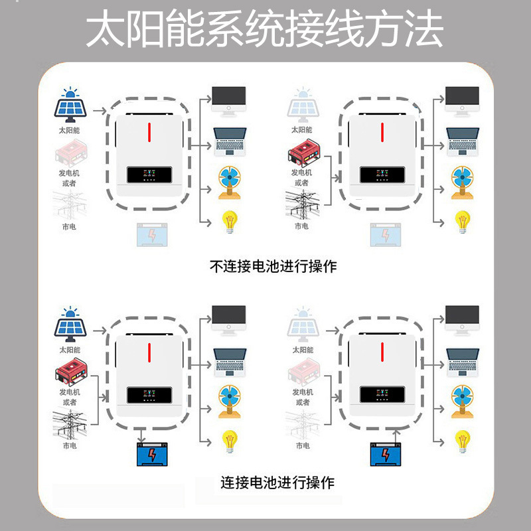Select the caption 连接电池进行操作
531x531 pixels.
[x=277, y=483]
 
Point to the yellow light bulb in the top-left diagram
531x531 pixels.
[x=229, y=221]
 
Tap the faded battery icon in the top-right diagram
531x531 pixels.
[x=383, y=234]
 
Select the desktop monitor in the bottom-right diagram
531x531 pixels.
[x=462, y=319]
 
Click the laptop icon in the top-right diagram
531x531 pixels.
[x=462, y=141]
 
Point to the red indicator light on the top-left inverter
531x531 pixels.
[x=150, y=132]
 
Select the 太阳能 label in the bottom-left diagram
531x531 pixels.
[x=69, y=349]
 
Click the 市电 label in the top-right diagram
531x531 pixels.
[x=302, y=226]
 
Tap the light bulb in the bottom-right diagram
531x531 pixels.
[x=462, y=440]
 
